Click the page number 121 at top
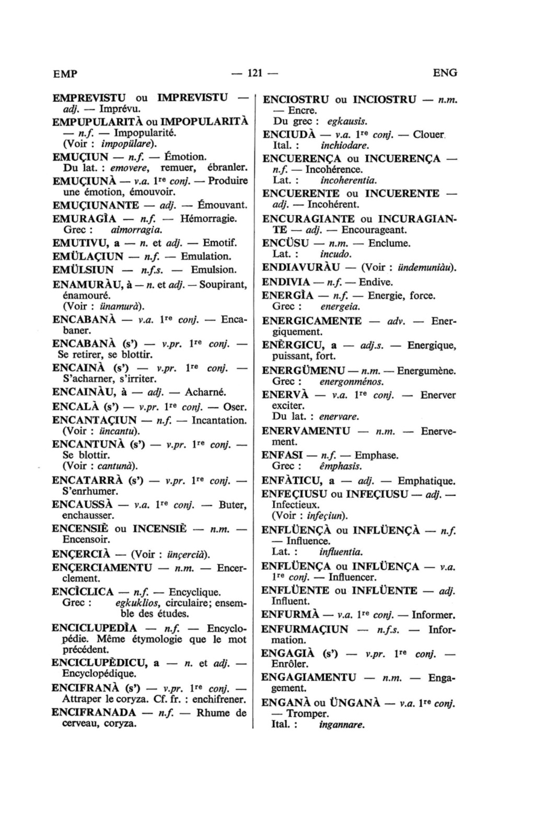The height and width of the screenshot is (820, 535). pos(254,73)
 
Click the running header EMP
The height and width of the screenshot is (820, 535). pos(65,74)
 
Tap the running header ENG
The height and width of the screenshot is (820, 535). pos(445,73)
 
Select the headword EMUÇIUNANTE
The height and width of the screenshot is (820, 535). pos(96,205)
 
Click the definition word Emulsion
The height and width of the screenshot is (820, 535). pos(214,270)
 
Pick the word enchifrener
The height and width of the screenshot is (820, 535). pos(219,699)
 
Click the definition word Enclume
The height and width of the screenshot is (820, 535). pos(389,243)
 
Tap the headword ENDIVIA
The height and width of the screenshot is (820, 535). pos(286,283)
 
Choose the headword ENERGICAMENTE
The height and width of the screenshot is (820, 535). pos(311,321)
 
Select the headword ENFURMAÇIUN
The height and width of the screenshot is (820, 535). pos(305,629)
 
